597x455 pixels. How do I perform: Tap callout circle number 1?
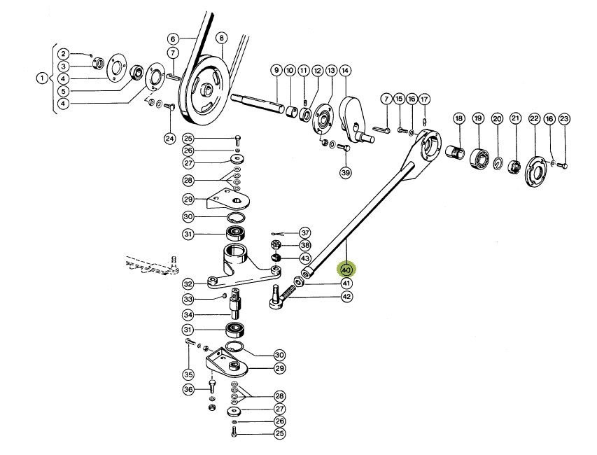42,78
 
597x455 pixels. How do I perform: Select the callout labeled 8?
221,38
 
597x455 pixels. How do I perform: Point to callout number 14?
345,71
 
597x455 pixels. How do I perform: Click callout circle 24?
169,138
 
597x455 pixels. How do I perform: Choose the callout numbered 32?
188,284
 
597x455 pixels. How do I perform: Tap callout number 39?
345,172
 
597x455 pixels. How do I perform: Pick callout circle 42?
346,297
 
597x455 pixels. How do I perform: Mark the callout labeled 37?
304,232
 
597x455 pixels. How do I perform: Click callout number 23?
565,119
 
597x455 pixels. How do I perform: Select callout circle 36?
188,389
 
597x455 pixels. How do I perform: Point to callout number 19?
478,119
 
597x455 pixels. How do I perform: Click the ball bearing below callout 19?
480,158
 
